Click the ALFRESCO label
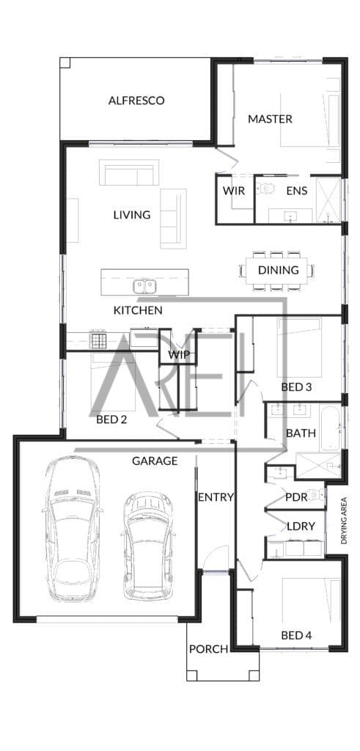click(136, 100)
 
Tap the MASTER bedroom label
click(270, 119)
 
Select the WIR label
click(234, 191)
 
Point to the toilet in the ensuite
click(267, 188)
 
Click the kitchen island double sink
click(144, 287)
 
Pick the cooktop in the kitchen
click(99, 340)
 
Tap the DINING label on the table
click(278, 270)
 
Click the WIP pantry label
click(179, 355)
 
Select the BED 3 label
click(296, 387)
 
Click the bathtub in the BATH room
click(331, 428)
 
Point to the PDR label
click(296, 497)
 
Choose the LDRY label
click(301, 527)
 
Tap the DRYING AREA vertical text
click(344, 521)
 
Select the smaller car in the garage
click(147, 546)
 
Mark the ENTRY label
click(216, 497)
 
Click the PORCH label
click(208, 650)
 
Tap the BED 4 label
click(296, 636)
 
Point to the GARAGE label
click(155, 461)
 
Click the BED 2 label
click(111, 420)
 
